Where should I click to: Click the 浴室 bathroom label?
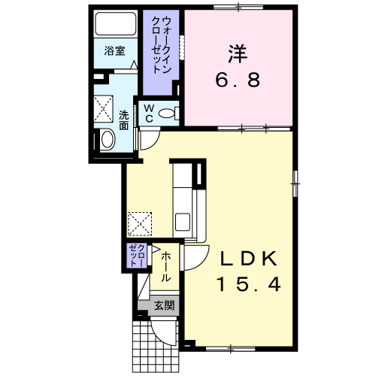[115, 51]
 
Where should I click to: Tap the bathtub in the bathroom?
[116, 24]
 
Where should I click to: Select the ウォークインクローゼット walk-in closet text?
[161, 44]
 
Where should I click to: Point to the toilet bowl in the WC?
[167, 114]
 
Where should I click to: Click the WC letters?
[149, 114]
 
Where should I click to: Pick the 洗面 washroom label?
[123, 120]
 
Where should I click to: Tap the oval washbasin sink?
[108, 139]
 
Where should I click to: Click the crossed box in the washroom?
[103, 109]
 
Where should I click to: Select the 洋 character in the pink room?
[237, 53]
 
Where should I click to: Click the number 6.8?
[238, 80]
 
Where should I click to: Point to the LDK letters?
[249, 259]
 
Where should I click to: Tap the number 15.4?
[249, 284]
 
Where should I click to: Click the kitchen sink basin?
[183, 222]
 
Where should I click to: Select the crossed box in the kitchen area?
[140, 224]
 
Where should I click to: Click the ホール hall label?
[165, 267]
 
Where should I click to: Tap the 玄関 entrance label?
[164, 305]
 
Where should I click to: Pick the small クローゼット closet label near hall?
[137, 255]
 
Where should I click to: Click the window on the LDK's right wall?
[296, 183]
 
